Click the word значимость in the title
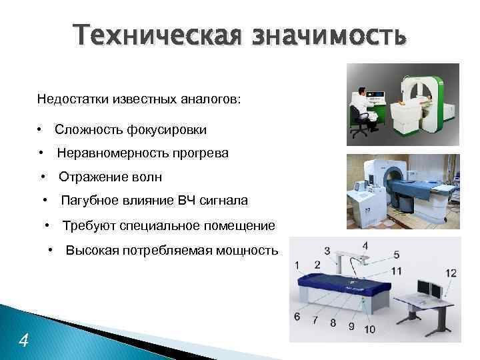tap(327, 35)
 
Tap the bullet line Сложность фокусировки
tap(131, 129)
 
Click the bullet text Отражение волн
tap(110, 177)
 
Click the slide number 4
tap(24, 341)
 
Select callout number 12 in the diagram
tap(451, 273)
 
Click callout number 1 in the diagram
tap(298, 265)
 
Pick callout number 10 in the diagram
tap(369, 329)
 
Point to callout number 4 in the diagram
tap(365, 246)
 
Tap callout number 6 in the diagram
tap(297, 315)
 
